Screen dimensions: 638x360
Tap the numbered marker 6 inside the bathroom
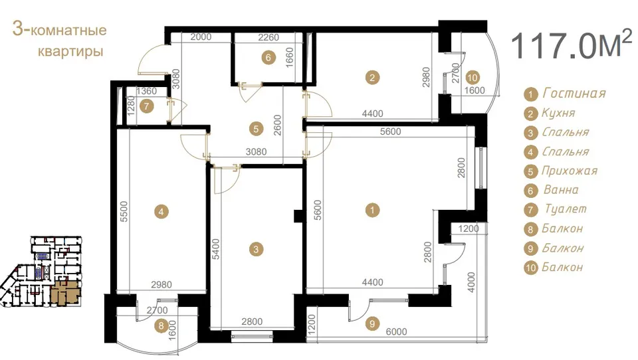click(x=268, y=57)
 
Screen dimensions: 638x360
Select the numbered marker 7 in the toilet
click(x=146, y=106)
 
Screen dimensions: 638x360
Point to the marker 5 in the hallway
click(x=256, y=130)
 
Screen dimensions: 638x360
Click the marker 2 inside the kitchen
click(x=372, y=77)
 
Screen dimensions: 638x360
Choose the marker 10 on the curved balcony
click(x=472, y=77)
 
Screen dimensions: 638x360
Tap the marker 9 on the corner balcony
click(x=372, y=323)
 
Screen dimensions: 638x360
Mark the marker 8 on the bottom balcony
click(x=161, y=325)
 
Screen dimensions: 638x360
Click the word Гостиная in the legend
click(x=574, y=94)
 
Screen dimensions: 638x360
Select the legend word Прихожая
click(x=570, y=171)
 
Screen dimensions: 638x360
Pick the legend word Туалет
click(x=566, y=209)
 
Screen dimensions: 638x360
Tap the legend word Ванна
click(x=561, y=190)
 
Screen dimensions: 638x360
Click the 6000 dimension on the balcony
click(x=396, y=332)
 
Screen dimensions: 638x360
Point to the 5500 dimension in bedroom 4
click(x=124, y=211)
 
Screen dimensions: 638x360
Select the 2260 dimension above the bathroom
click(x=268, y=37)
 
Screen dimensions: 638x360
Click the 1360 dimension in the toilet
click(x=146, y=91)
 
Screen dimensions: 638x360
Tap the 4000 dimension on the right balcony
click(x=471, y=282)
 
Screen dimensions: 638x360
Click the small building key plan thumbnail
click(x=41, y=271)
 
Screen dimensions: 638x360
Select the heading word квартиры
click(x=70, y=52)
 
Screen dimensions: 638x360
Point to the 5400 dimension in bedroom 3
click(x=215, y=249)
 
